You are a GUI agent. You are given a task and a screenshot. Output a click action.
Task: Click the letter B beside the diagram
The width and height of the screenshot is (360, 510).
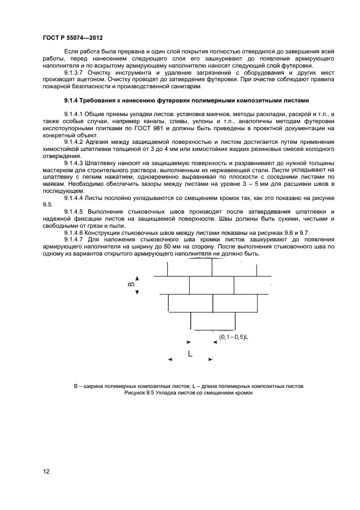coord(130,284)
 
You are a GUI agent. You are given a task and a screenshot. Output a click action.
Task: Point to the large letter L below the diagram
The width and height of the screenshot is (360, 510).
coord(190,354)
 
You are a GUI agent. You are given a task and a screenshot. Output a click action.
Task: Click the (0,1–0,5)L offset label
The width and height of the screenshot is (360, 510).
coord(234,337)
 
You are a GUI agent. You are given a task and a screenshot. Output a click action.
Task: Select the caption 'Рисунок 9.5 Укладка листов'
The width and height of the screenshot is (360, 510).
coord(188,393)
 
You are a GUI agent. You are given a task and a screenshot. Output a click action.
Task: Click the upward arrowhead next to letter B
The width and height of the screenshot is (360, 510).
coord(137,278)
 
